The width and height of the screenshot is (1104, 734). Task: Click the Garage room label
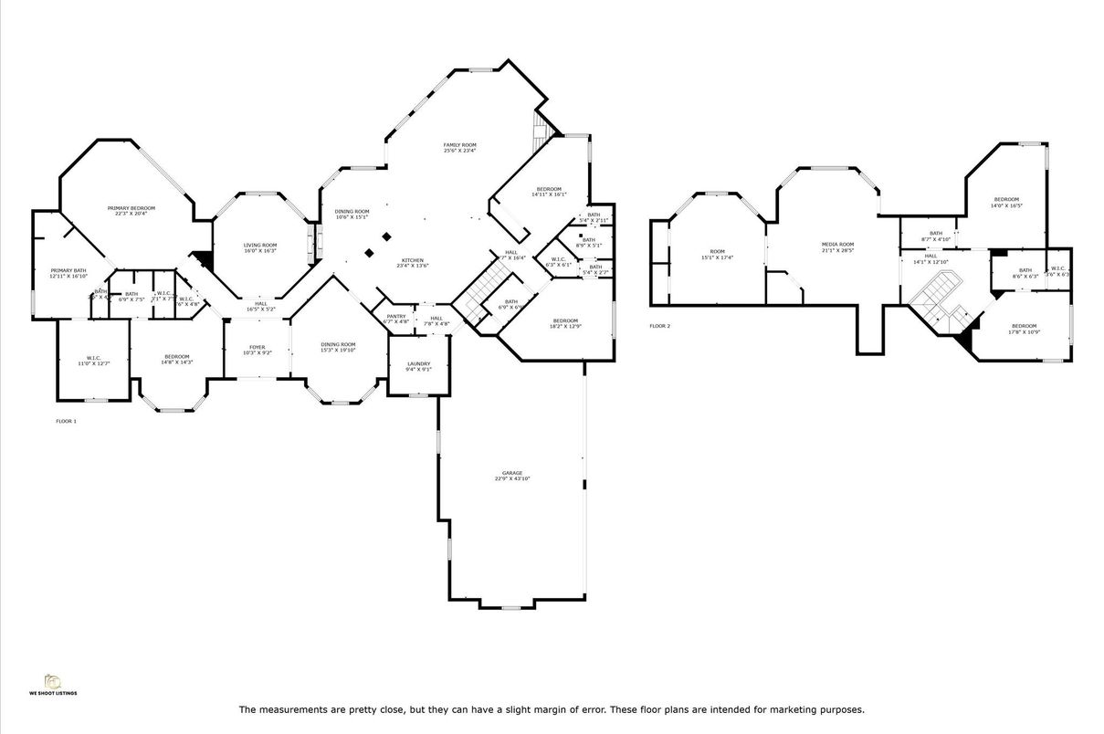tap(511, 476)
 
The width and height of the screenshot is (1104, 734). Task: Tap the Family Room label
tap(460, 148)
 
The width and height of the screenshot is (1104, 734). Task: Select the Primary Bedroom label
tap(131, 211)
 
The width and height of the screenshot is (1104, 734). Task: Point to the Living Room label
tap(259, 247)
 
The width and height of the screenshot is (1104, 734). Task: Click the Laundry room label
tap(418, 366)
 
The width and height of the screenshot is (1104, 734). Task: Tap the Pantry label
tap(396, 319)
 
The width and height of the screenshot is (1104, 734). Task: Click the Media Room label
tap(837, 246)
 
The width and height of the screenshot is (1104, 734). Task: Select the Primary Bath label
tap(68, 273)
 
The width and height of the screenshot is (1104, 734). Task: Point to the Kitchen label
tap(411, 262)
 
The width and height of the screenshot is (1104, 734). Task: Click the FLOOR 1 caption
tap(67, 421)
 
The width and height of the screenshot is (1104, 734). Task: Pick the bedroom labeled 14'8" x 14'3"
tap(177, 359)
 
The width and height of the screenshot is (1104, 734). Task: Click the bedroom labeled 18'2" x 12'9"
tap(565, 323)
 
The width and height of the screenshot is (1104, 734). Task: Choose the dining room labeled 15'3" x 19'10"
tap(338, 347)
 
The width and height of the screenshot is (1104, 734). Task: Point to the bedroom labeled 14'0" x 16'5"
tap(1006, 202)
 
